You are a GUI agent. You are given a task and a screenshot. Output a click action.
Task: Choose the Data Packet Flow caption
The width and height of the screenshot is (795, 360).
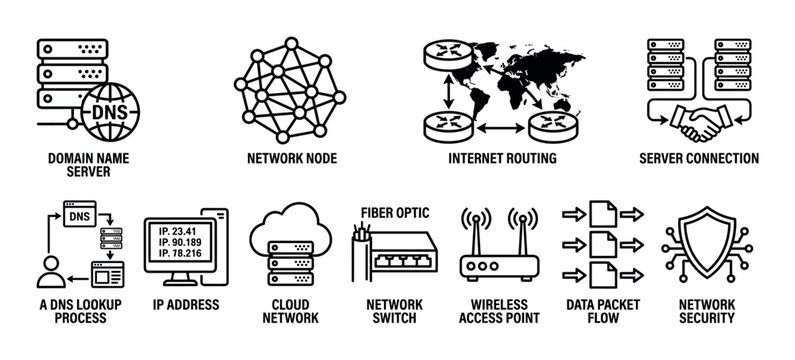600,312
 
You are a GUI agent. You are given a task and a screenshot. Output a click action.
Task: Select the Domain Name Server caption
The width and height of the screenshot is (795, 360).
78,164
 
